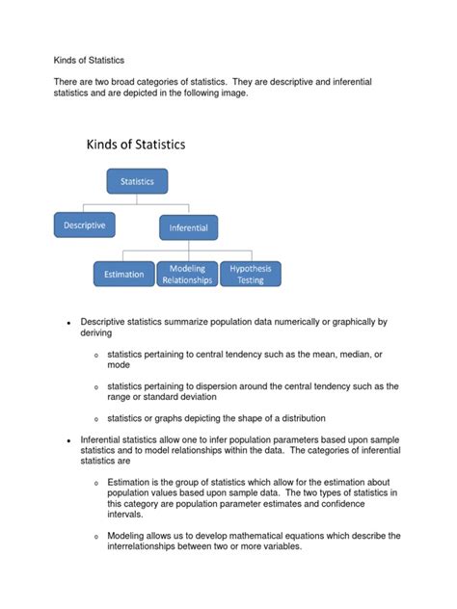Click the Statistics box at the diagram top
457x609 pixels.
coord(137,180)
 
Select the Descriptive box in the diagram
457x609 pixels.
coord(85,225)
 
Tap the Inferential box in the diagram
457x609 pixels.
coord(189,228)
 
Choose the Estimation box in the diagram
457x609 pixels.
coord(123,274)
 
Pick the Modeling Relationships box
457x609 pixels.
coord(187,274)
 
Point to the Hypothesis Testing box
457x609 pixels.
coord(251,274)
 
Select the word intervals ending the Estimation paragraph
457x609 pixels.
coord(125,515)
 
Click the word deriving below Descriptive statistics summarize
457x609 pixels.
coord(96,332)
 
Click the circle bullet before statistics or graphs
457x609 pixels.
coord(95,420)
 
